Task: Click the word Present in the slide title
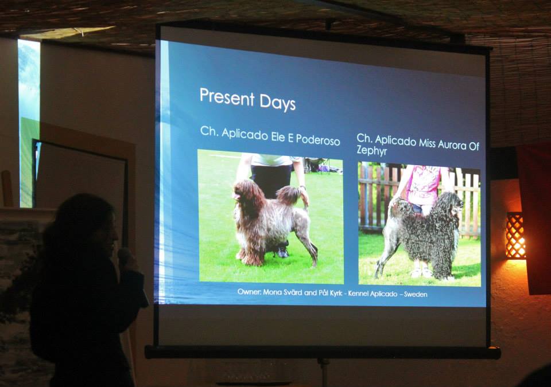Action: (227, 97)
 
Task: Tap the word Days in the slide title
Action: (278, 103)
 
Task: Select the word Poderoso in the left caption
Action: (318, 139)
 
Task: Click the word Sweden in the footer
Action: (416, 294)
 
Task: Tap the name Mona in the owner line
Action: (273, 291)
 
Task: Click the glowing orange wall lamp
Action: (515, 235)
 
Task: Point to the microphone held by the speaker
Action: (124, 256)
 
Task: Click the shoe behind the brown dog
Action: (282, 252)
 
